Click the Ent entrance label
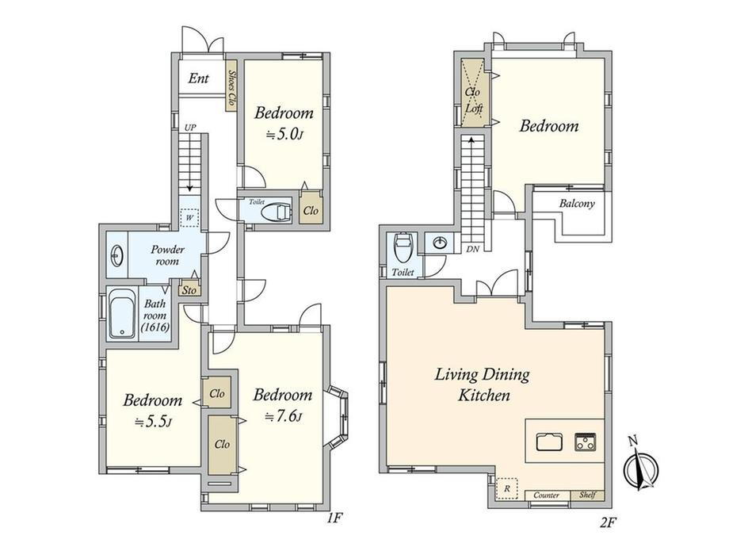(x=199, y=78)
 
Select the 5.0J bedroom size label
(x=284, y=135)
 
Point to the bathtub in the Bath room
(x=122, y=315)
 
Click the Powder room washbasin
(x=116, y=255)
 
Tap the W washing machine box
(x=189, y=217)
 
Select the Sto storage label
(x=189, y=290)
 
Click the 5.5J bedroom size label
(x=153, y=422)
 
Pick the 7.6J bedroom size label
(x=283, y=416)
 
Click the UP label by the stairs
(x=189, y=127)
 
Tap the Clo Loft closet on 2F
(x=474, y=92)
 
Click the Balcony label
(x=577, y=203)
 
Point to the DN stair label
(x=472, y=249)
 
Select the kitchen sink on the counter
(x=549, y=442)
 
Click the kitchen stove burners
(x=586, y=442)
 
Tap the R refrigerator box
(x=507, y=488)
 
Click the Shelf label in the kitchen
(x=588, y=495)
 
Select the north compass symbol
(x=642, y=468)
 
